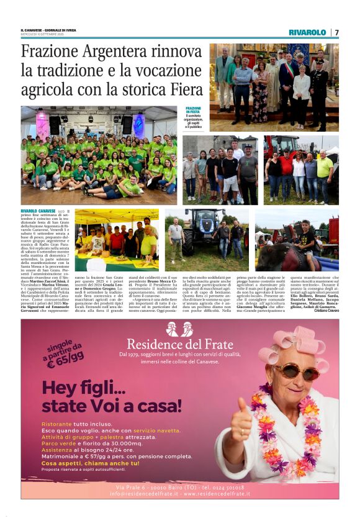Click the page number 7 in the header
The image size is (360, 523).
[x=336, y=32]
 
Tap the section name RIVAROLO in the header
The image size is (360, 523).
[x=307, y=32]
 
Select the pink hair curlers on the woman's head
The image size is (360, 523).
[x=297, y=346]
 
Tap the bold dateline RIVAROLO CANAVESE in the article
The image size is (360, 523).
[x=38, y=212]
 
